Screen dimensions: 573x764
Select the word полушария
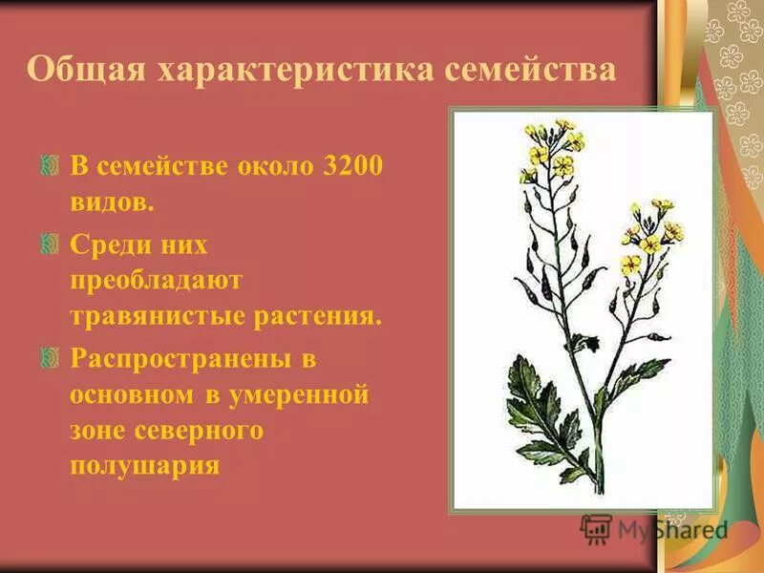coord(145,466)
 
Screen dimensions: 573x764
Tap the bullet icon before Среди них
coord(51,244)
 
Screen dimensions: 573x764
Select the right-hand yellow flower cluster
coord(651,232)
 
